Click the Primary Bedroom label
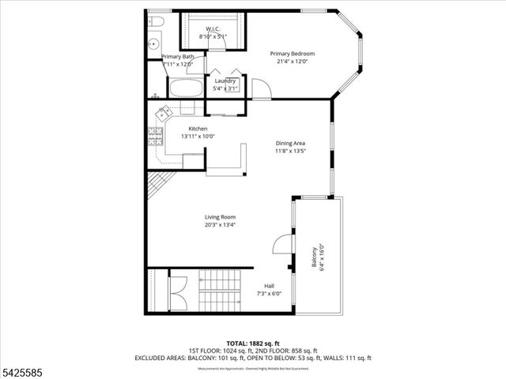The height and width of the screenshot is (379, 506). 297,58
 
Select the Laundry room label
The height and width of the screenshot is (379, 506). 225,84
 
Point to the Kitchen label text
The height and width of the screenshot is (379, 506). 198,132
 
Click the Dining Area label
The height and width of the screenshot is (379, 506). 290,147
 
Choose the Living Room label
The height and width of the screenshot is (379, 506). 221,220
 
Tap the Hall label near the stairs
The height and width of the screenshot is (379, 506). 269,290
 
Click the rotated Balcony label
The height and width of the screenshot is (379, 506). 318,257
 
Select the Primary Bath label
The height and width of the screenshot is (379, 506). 178,60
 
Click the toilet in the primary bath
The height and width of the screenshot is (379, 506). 156,21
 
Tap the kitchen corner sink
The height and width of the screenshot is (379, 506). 164,112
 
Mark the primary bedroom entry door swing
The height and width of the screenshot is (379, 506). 261,88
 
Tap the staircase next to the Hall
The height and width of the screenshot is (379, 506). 219,291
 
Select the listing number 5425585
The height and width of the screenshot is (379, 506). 22,371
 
